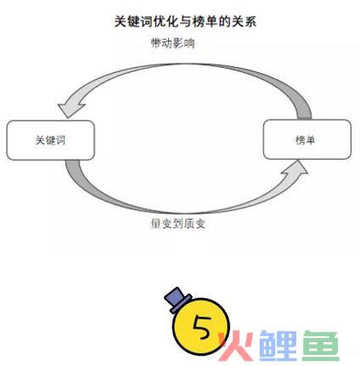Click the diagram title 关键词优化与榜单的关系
point(185,21)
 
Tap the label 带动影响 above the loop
point(173,43)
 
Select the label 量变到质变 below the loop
point(177,223)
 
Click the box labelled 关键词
point(50,140)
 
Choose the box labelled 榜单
point(307,139)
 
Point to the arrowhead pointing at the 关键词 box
point(70,110)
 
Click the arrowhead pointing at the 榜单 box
point(295,168)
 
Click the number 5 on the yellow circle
point(202,327)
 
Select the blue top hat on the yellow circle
point(177,300)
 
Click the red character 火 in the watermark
point(236,346)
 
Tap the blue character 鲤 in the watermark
point(278,346)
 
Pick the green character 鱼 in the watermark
point(321,346)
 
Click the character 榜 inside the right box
point(301,140)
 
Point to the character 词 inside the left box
point(60,140)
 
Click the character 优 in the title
point(160,21)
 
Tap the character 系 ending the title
point(250,21)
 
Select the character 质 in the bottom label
point(188,223)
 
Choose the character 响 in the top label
point(189,43)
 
